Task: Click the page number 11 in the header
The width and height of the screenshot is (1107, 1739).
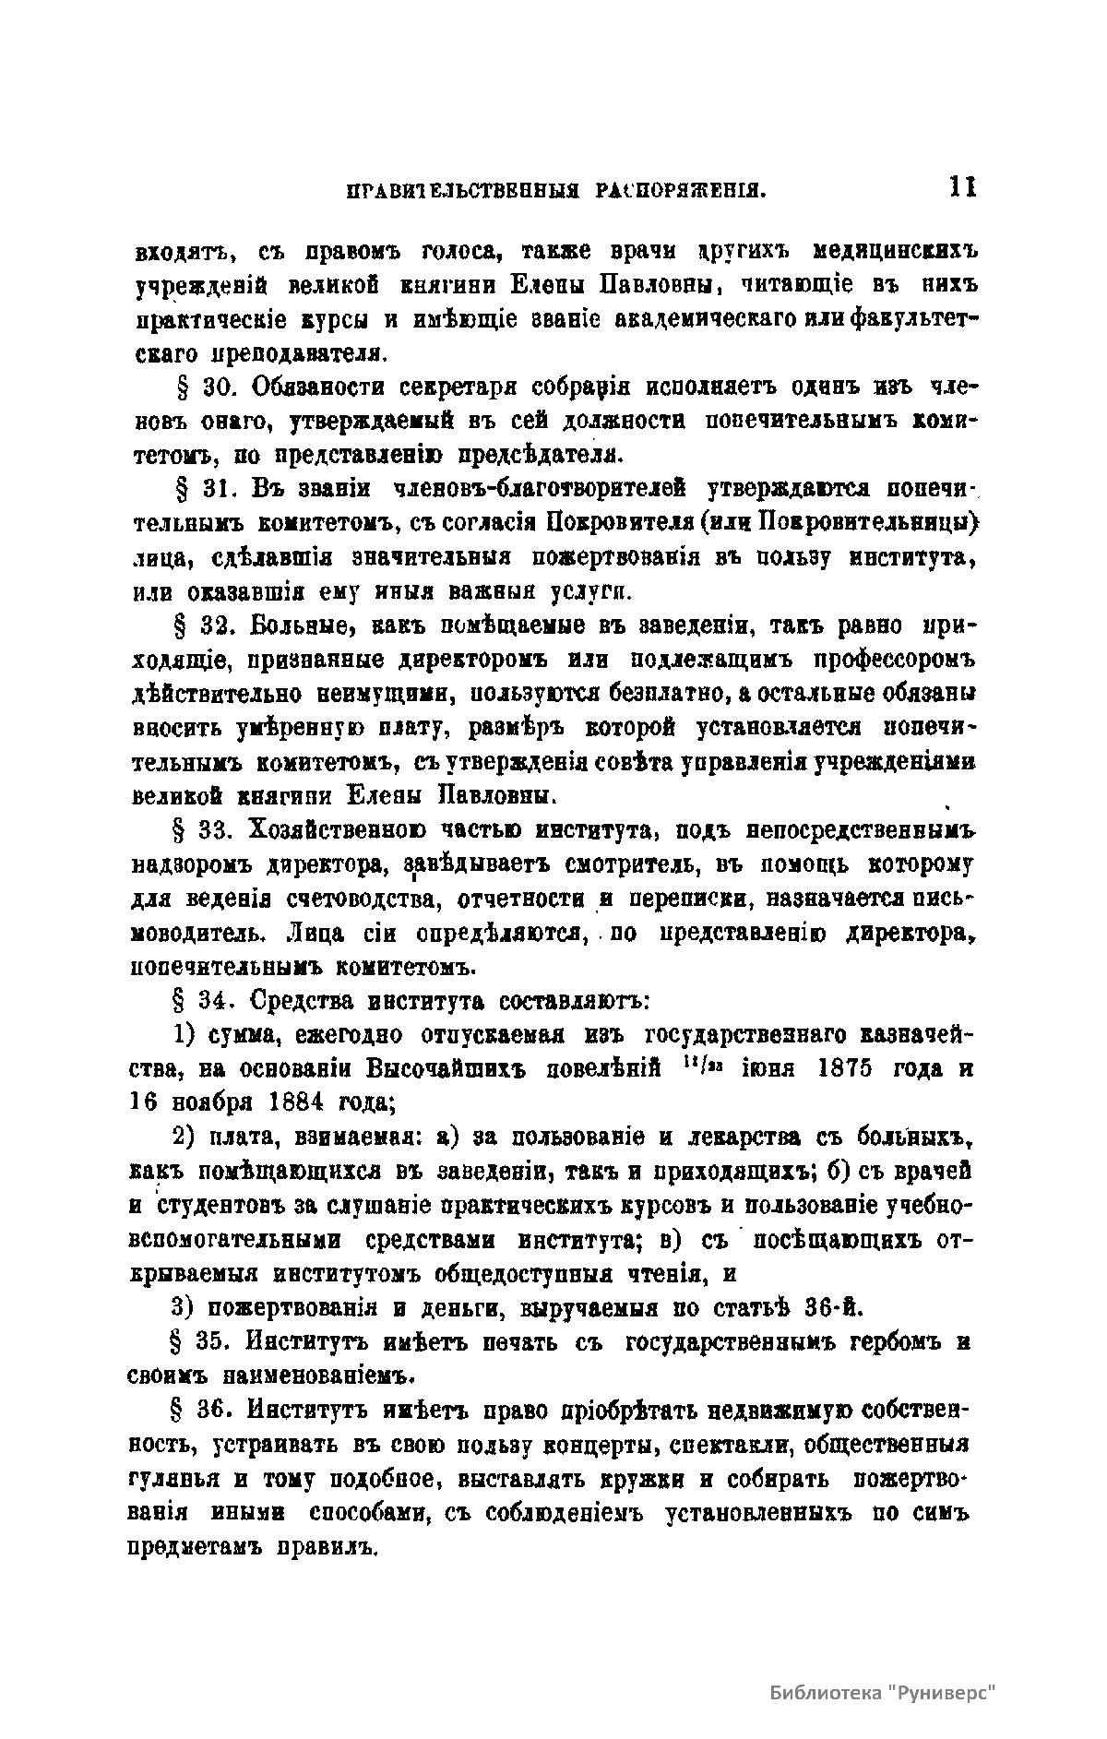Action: pyautogui.click(x=963, y=188)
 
